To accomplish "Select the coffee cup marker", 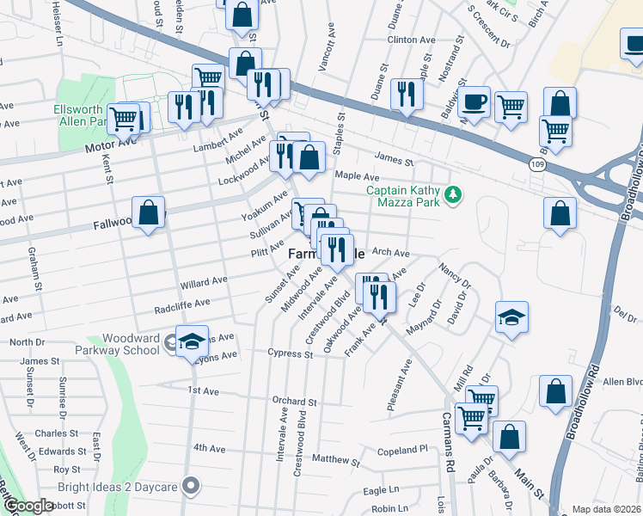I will point(474,104).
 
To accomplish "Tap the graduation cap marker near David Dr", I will point(511,318).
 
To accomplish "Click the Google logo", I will point(28,506).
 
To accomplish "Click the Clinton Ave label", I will point(412,40).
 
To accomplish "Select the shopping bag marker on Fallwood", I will point(149,212).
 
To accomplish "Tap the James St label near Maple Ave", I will point(394,161).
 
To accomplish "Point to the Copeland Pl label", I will point(402,451).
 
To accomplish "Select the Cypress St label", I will point(290,353).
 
